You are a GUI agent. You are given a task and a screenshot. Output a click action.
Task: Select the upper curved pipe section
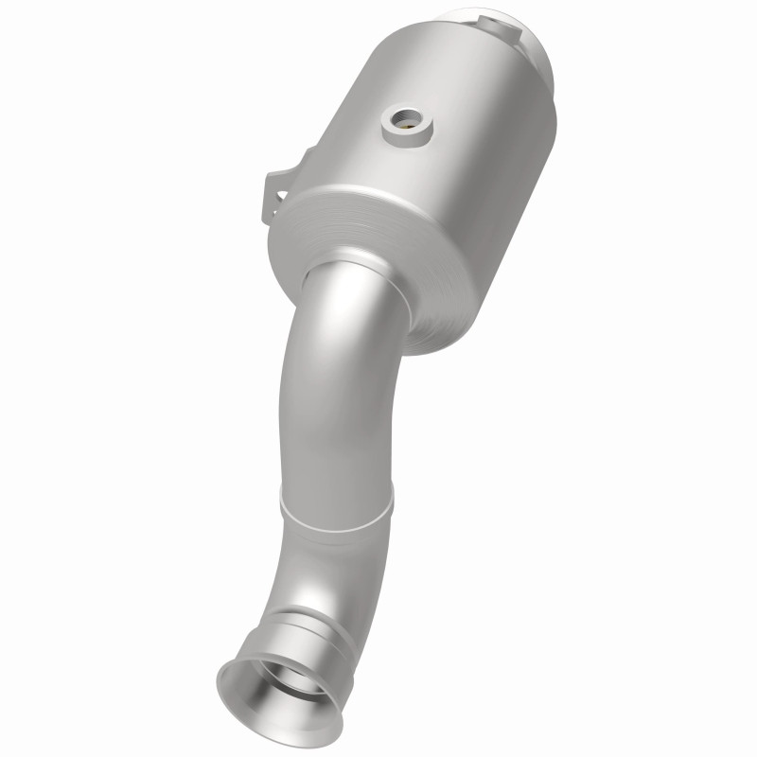[331, 378]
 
